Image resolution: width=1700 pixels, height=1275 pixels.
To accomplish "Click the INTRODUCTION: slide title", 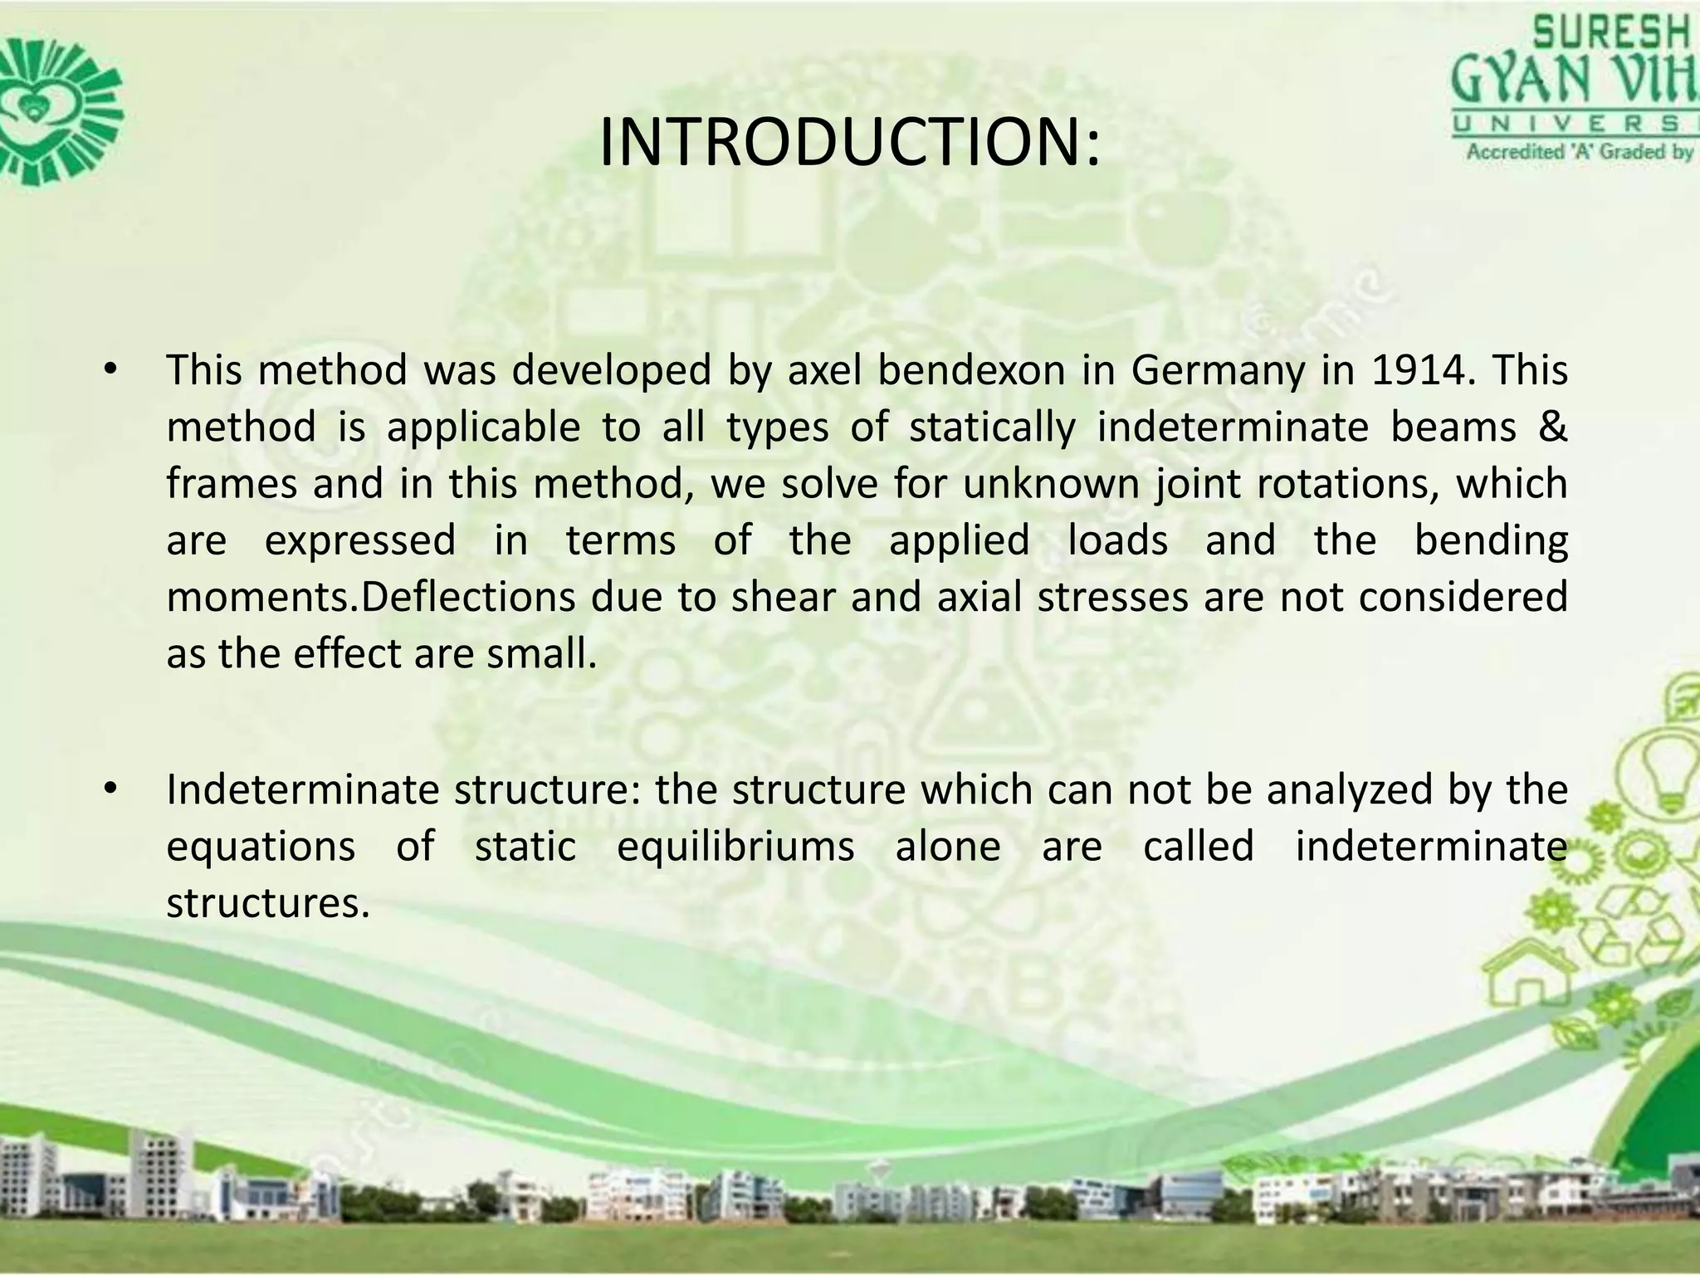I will coord(849,143).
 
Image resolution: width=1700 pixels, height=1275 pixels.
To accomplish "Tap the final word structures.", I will coord(267,904).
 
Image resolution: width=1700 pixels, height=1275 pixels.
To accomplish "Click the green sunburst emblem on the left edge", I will coord(58,108).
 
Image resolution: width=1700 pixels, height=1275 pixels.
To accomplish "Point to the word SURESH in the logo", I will coord(1610,35).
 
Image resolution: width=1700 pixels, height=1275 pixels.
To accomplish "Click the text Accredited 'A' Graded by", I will coord(1577,152).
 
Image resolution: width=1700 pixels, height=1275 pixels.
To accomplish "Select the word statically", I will coord(992,427).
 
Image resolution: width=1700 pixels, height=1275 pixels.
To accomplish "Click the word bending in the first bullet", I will coord(1490,541).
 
